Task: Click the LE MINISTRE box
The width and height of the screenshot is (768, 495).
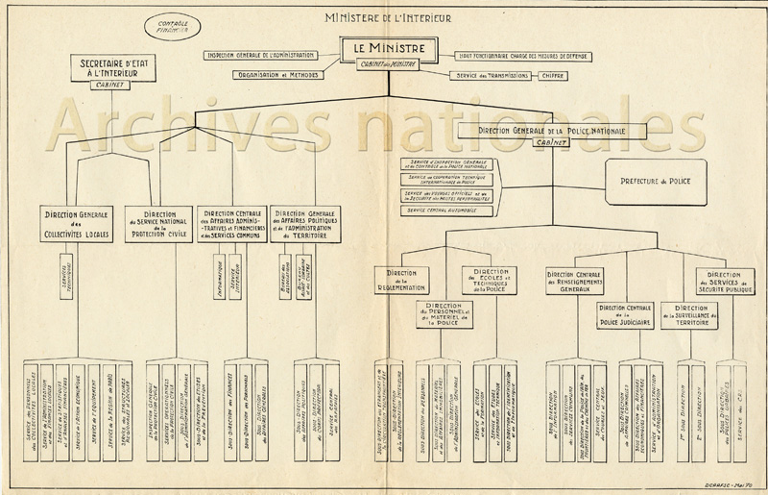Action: (x=388, y=48)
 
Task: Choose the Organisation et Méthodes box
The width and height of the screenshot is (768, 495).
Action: (x=279, y=74)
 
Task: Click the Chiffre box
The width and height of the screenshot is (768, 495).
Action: (x=550, y=74)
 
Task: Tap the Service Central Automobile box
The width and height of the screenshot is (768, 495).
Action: (x=442, y=210)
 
